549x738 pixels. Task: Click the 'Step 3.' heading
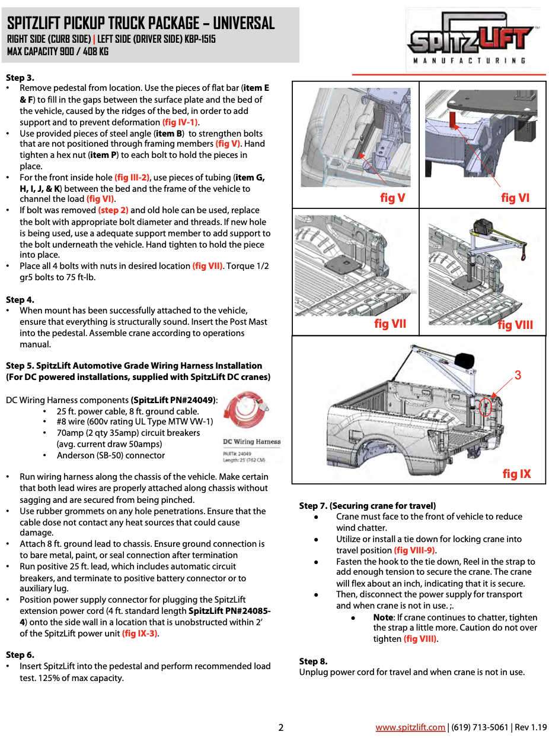pos(20,78)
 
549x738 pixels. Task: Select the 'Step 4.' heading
pos(20,300)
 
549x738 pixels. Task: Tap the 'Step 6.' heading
pos(20,655)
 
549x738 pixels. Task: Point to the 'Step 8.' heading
pos(313,661)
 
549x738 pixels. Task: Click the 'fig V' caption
pos(392,198)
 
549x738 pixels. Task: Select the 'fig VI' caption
pos(515,198)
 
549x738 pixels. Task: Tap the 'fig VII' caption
pos(390,324)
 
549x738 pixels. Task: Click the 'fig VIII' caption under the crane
pos(515,325)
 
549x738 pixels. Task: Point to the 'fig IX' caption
pos(516,474)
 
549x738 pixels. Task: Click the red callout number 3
pos(518,375)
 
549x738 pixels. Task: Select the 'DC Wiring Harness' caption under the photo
pos(251,442)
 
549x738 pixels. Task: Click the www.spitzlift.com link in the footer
pos(410,727)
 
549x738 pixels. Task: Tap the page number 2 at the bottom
pos(281,727)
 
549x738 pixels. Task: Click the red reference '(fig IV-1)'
pos(180,122)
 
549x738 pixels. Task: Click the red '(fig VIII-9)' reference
pos(415,550)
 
